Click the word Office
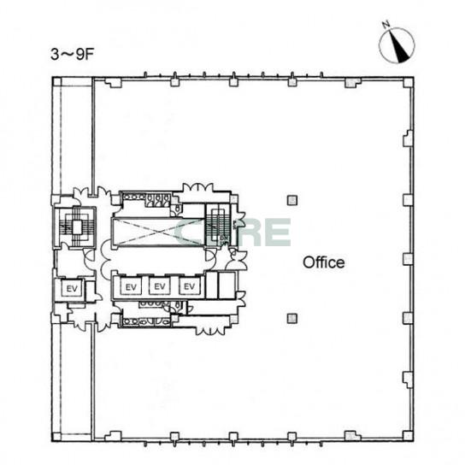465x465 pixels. pyautogui.click(x=324, y=262)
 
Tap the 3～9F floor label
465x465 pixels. pyautogui.click(x=72, y=55)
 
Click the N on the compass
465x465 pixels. pyautogui.click(x=386, y=24)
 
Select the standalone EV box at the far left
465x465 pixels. pyautogui.click(x=72, y=288)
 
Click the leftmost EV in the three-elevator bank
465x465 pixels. pyautogui.click(x=131, y=286)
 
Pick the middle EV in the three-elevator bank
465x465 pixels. pyautogui.click(x=160, y=286)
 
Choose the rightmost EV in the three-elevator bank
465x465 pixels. pyautogui.click(x=189, y=286)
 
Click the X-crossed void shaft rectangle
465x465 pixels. pyautogui.click(x=158, y=232)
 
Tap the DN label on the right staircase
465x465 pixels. pyautogui.click(x=224, y=238)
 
